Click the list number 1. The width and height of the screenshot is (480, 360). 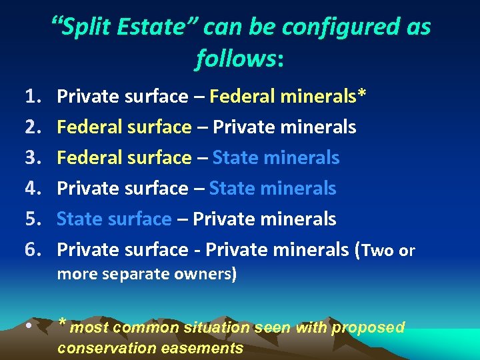coord(33,97)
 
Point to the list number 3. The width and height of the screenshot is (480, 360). coord(33,158)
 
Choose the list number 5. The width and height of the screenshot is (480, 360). coord(33,219)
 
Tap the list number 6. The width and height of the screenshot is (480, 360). coord(33,249)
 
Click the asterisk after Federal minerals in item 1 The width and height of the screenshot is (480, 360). coord(361,95)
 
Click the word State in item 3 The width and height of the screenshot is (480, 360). coord(235,158)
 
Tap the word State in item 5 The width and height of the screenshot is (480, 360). coord(79,219)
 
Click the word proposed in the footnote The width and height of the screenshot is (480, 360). coord(368,327)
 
